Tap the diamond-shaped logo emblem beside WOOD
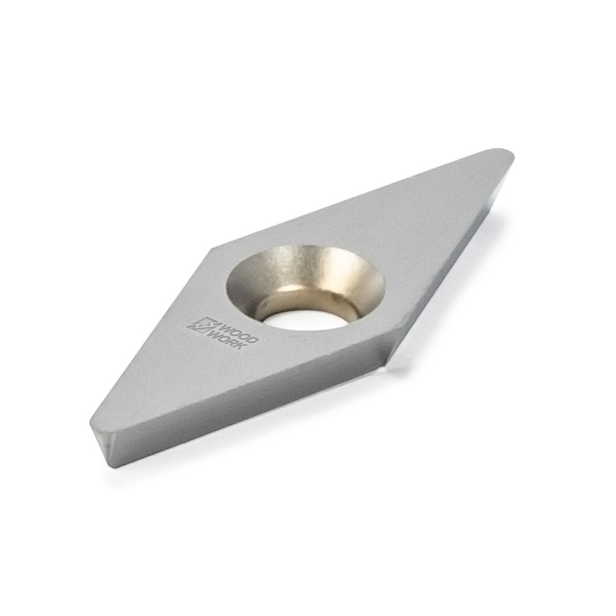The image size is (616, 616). [x=202, y=325]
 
